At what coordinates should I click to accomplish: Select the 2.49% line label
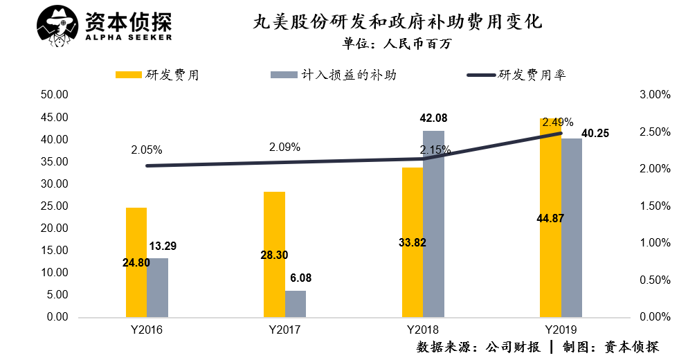(x=558, y=123)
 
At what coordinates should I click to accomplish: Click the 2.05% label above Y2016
(x=146, y=150)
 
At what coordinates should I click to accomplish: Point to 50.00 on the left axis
(x=52, y=95)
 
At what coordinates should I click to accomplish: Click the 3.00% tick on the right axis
(x=653, y=95)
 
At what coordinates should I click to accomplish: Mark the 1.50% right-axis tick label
(x=653, y=206)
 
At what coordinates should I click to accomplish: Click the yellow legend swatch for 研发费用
(x=129, y=75)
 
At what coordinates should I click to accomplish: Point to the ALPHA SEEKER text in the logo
(x=129, y=37)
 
